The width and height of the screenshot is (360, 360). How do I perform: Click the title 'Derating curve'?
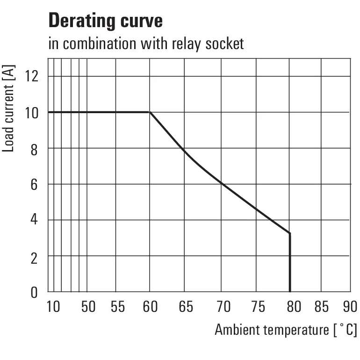click(x=106, y=21)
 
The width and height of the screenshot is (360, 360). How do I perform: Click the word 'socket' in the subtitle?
click(x=224, y=44)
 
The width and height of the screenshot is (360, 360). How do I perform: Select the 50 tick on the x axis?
click(x=88, y=307)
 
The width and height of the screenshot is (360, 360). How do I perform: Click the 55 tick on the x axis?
click(x=118, y=307)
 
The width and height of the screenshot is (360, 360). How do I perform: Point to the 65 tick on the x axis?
click(x=186, y=307)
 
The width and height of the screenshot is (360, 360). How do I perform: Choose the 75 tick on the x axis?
click(x=258, y=307)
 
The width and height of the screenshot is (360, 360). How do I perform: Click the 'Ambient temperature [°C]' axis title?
click(x=286, y=330)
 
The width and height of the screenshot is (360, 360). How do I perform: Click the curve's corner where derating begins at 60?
click(x=150, y=112)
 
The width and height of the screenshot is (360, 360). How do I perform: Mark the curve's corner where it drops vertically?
click(x=290, y=233)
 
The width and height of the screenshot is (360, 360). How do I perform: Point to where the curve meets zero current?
click(x=290, y=292)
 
